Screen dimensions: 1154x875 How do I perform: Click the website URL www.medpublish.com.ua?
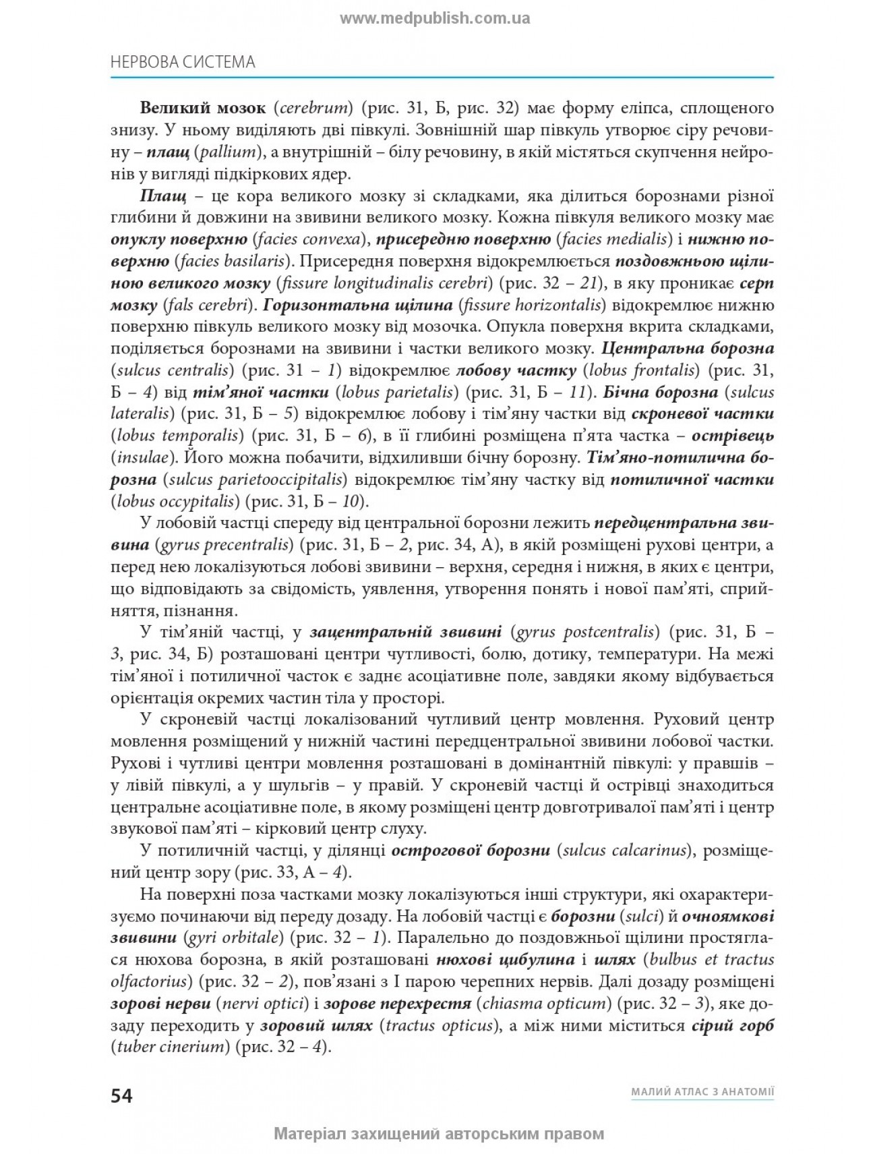435,18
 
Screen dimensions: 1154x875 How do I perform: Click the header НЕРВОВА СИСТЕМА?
182,62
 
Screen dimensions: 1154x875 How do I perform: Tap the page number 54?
121,1096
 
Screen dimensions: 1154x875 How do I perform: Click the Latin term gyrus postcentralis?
584,632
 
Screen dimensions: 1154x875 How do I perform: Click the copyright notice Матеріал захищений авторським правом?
438,1134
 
